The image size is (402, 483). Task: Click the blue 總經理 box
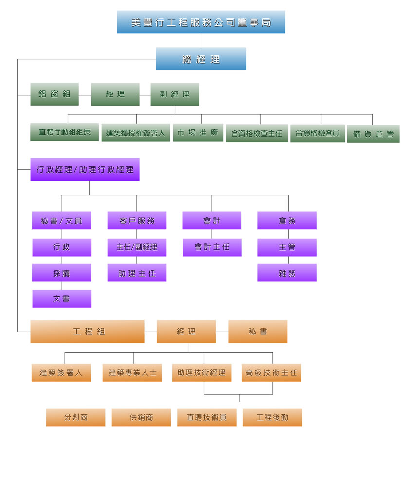coord(201,59)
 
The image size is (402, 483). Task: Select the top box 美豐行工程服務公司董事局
coord(201,22)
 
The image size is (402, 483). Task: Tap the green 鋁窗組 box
coord(54,94)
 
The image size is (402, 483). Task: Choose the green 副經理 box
coord(174,94)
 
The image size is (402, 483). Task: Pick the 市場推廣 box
coord(198,132)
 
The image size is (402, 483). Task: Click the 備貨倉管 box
coord(373,133)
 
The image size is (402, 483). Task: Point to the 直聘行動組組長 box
coord(64,132)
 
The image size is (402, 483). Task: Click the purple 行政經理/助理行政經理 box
coord(85,169)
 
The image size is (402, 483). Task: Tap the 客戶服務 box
coord(137,221)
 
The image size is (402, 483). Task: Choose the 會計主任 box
coord(212,247)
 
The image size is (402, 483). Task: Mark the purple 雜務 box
coord(287,273)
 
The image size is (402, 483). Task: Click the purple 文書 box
coord(61,298)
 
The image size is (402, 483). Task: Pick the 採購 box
coord(61,273)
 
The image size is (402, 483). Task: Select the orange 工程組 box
coord(87,332)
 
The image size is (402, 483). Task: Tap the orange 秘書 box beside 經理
coord(257,332)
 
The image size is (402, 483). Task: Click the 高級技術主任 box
coord(271,372)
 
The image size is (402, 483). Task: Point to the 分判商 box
coord(75,417)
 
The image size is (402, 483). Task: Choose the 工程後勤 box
coord(272,417)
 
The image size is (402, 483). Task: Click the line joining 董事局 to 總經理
coord(201,40)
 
